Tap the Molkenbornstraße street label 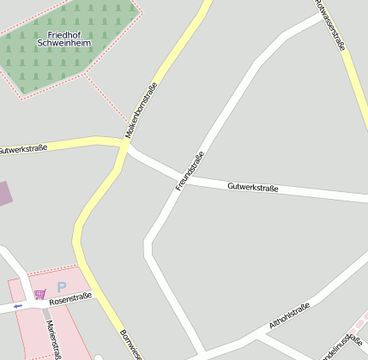[x=142, y=111]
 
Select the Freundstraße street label [x=190, y=171]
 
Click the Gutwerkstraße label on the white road [x=252, y=187]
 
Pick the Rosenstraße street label [x=69, y=299]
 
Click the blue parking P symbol [x=61, y=287]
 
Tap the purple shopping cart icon [x=39, y=294]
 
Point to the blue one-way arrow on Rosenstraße [x=18, y=305]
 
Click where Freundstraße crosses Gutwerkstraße [x=183, y=180]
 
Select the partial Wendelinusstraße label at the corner [x=341, y=341]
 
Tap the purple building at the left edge [x=4, y=193]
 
